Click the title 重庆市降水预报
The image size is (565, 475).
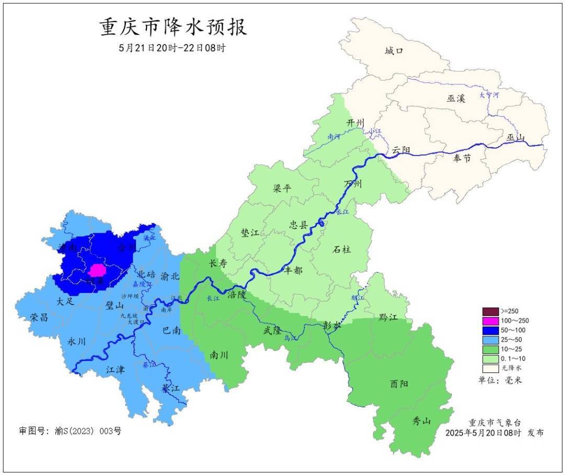pos(173,27)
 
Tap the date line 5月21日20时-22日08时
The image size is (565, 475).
pos(173,48)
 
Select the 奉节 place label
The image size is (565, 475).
pos(461,158)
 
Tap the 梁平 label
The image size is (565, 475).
pos(282,189)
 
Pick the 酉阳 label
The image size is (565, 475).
pos(399,383)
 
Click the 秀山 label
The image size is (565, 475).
pos(422,420)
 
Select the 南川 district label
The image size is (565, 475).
pos(219,354)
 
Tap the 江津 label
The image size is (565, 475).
pos(116,369)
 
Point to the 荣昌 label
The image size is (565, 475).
pos(40,318)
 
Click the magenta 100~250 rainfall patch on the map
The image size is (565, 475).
pos(97,270)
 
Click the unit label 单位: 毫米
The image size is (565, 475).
pos(500,380)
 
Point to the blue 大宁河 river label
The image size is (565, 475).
pos(489,95)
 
